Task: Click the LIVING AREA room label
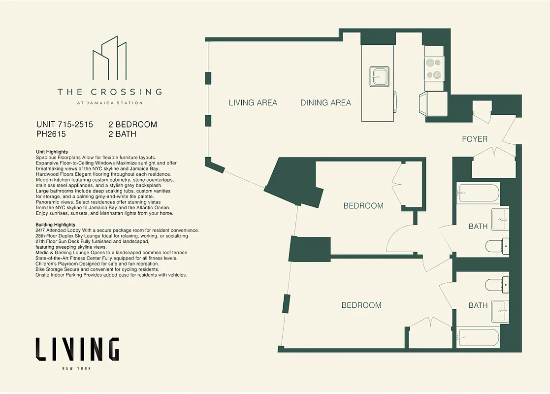(253, 103)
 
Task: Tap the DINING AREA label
(325, 103)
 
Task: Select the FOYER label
(475, 139)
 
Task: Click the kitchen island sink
(380, 76)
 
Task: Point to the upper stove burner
(434, 63)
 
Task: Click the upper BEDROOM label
(363, 206)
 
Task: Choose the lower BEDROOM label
(361, 305)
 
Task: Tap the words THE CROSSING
(109, 92)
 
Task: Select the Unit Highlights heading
(52, 152)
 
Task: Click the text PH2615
(51, 133)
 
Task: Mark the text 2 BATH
(122, 133)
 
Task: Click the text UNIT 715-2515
(65, 124)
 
